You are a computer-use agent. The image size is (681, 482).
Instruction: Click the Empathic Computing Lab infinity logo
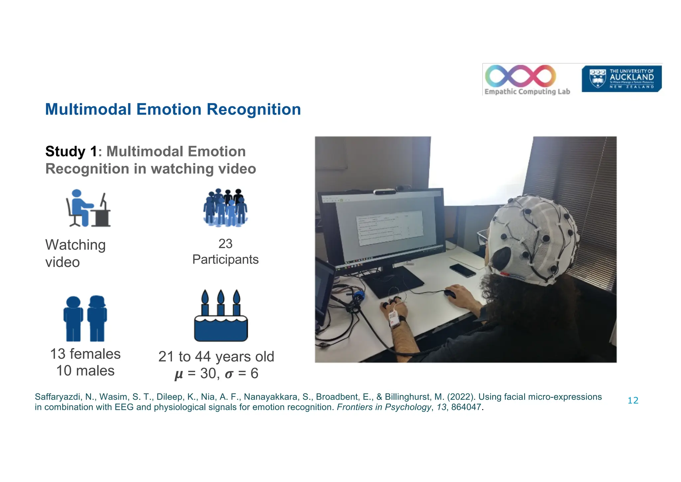tap(521, 76)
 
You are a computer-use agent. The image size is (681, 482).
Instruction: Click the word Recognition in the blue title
tap(253, 109)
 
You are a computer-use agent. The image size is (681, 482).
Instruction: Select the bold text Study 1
tap(71, 151)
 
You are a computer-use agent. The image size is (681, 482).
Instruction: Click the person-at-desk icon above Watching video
tap(88, 208)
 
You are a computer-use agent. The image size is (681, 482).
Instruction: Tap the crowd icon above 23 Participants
tap(225, 208)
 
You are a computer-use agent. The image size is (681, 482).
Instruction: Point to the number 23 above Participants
tap(225, 244)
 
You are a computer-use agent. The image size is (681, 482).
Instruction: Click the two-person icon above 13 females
tap(85, 319)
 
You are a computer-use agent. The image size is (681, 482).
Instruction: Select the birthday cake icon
tap(221, 316)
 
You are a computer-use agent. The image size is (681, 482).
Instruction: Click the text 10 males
tap(85, 371)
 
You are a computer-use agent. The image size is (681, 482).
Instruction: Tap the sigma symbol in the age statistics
tap(229, 374)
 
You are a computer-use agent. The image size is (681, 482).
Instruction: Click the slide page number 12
tap(633, 400)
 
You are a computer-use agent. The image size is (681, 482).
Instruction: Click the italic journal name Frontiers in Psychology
tap(384, 407)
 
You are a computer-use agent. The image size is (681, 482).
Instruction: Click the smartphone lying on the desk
tap(463, 270)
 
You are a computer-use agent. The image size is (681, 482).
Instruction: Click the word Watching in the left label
tap(75, 245)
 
